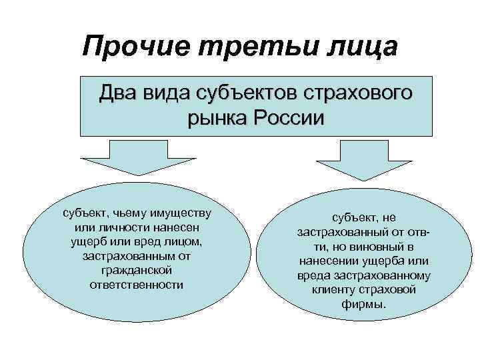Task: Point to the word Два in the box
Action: [x=121, y=93]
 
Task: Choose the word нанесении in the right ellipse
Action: [x=332, y=261]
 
